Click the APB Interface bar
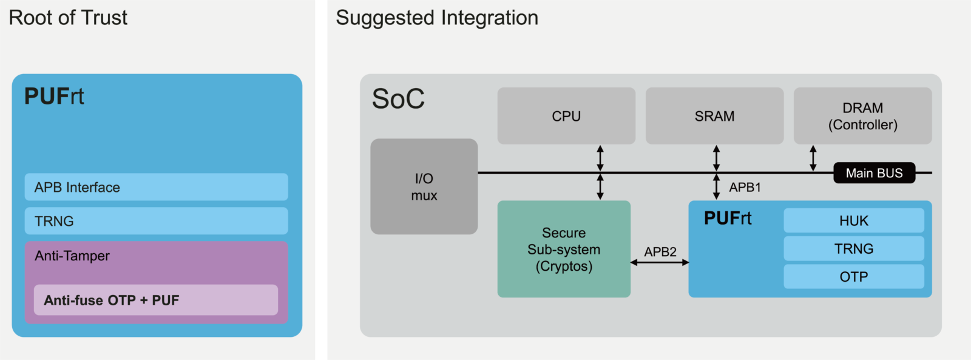(156, 187)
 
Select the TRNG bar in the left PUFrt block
(156, 221)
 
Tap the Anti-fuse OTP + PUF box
(155, 300)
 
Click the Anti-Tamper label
(72, 256)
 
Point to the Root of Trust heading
(68, 18)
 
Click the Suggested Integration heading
(437, 18)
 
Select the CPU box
(566, 116)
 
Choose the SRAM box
(714, 116)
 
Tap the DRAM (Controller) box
(862, 116)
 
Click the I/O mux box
(424, 186)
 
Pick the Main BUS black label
(874, 173)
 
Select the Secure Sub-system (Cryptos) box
(564, 249)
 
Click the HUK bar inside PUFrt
(853, 221)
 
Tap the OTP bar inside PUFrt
(853, 277)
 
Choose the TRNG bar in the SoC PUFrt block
(853, 249)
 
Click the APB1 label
(745, 187)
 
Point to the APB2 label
(660, 251)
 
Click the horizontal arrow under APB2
(660, 262)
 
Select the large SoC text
(398, 99)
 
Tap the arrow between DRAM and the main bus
(813, 158)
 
